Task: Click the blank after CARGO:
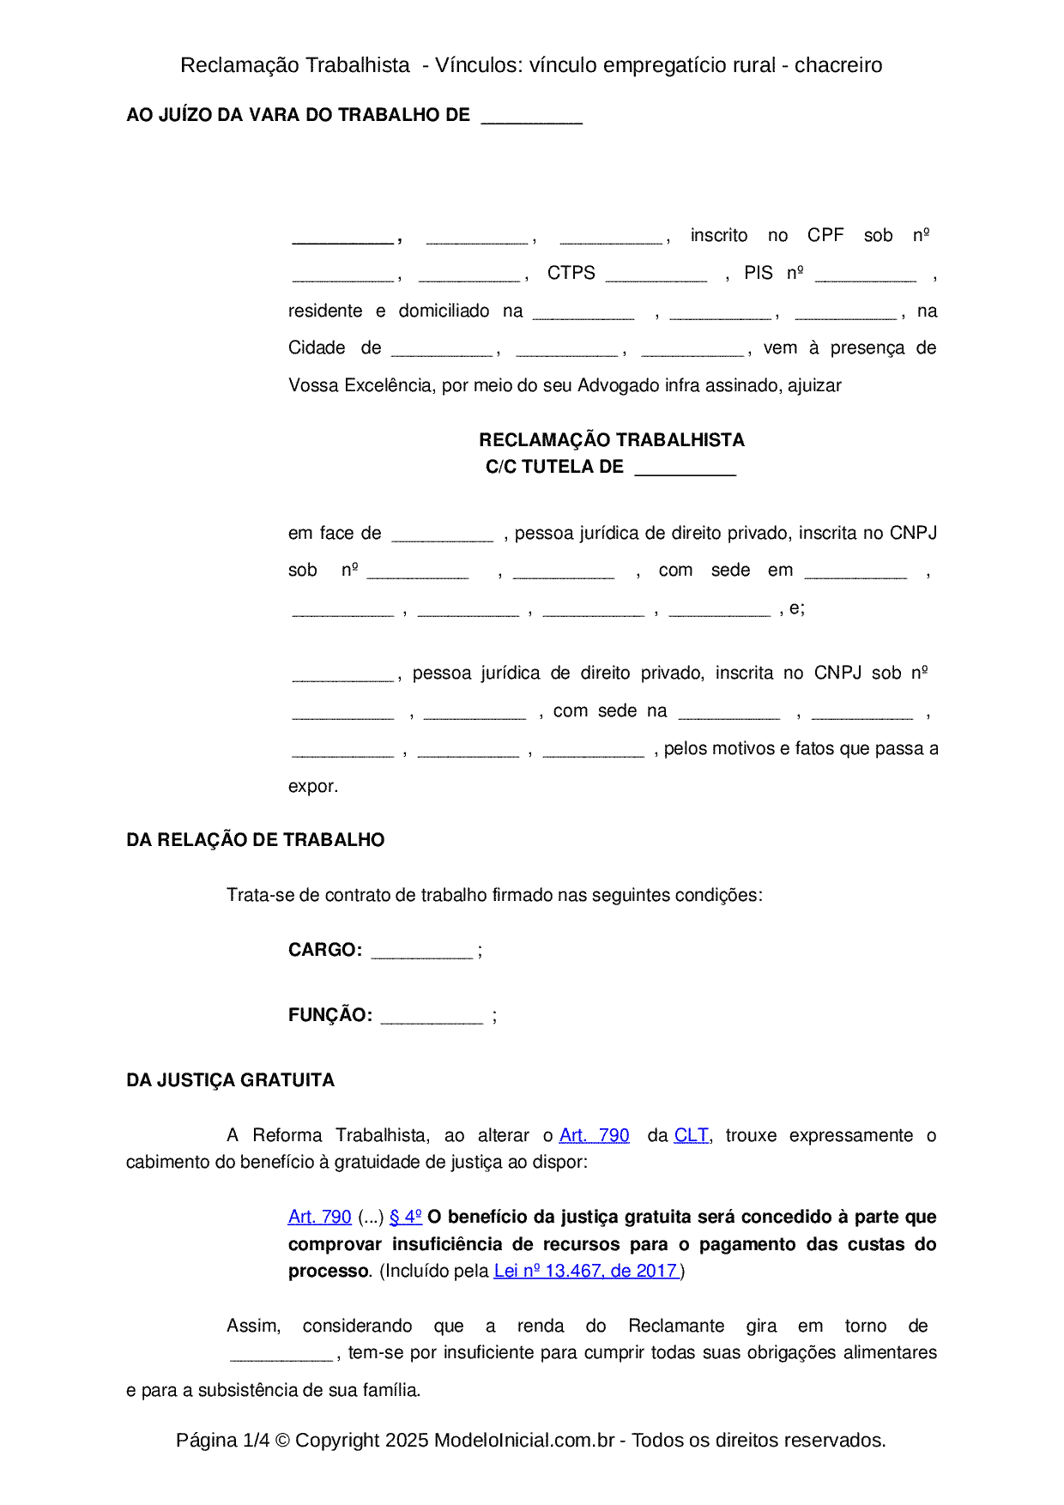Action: tap(421, 952)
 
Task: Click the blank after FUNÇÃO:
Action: tap(432, 1017)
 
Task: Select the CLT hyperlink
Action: tap(691, 1135)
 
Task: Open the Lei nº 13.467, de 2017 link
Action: tap(587, 1271)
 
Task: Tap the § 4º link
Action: tap(405, 1217)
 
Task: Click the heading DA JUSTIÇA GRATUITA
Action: tap(230, 1080)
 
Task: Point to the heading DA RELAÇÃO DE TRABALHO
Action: tap(255, 840)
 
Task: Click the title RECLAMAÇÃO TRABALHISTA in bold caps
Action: tap(611, 440)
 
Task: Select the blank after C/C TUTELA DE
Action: tap(685, 468)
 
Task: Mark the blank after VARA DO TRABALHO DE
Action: tap(531, 117)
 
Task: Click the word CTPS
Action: tap(571, 273)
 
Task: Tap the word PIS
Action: tap(758, 273)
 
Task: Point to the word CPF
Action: tap(825, 235)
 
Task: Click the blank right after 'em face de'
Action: tap(442, 535)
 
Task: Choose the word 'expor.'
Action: tap(313, 786)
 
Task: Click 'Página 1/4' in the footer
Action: tap(222, 1440)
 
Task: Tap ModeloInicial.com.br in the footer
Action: tap(523, 1440)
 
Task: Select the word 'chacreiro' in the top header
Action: tap(838, 65)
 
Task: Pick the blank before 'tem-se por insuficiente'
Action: tap(281, 1354)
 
